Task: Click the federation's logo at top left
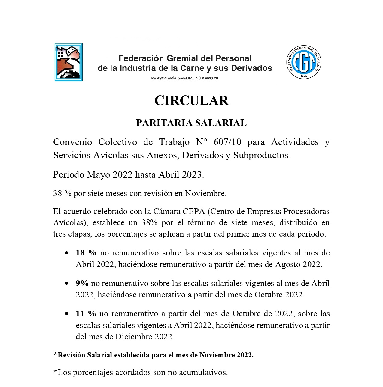[68, 62]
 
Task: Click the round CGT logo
[304, 62]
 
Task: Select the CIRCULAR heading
[191, 101]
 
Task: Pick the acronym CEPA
[194, 211]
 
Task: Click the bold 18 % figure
[86, 253]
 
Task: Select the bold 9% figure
[82, 283]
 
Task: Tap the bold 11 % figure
[86, 314]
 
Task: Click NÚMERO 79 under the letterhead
[207, 78]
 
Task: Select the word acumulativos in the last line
[203, 373]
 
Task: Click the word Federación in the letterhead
[141, 58]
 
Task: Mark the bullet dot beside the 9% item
[67, 283]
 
